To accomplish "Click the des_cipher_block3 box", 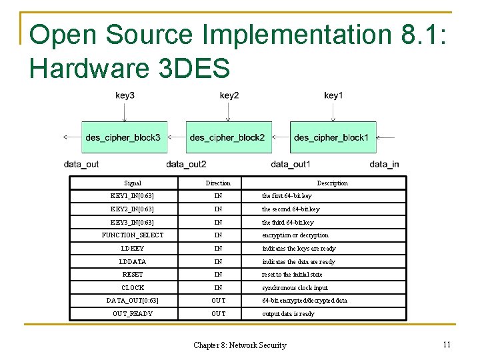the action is click(124, 138).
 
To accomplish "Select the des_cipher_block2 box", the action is click(228, 138).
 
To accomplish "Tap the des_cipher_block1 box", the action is click(332, 138).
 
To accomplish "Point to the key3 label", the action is click(125, 95).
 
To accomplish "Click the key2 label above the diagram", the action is click(229, 95).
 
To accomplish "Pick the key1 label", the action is click(333, 95).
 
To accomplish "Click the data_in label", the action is click(385, 164).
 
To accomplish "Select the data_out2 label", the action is click(186, 164).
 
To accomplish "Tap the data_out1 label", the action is click(291, 164).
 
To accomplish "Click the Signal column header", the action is click(133, 183).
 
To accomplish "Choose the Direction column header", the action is click(218, 183).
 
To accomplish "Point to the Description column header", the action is click(332, 183).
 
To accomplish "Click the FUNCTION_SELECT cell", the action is click(133, 235).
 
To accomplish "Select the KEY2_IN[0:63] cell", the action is click(133, 209).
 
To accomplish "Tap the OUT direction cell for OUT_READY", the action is click(218, 313).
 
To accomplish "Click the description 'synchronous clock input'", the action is click(295, 287).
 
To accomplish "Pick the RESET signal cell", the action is click(133, 274).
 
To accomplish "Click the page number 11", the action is click(447, 344).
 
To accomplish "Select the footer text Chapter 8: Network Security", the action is click(240, 345).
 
